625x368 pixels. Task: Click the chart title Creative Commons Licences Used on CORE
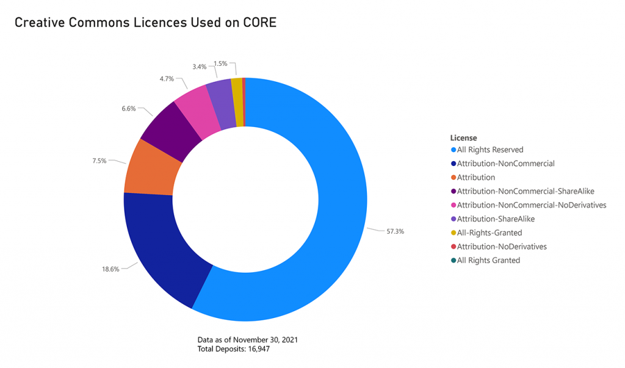click(145, 23)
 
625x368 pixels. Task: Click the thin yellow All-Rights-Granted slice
click(237, 93)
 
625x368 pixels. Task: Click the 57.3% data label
click(395, 231)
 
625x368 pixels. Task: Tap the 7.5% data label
click(99, 161)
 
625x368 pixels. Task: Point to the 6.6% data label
click(128, 108)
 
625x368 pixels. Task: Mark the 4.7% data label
click(167, 79)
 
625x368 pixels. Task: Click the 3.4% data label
click(199, 65)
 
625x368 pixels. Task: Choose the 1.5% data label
click(220, 63)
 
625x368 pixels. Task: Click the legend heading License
click(463, 138)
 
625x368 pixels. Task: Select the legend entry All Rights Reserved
click(490, 150)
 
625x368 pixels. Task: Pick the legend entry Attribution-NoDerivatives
click(501, 247)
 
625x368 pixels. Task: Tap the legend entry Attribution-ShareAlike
click(496, 218)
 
